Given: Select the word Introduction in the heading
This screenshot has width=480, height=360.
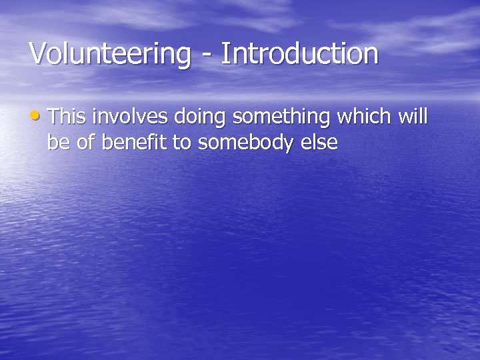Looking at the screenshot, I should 299,54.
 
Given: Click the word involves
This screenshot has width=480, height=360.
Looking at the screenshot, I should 131,117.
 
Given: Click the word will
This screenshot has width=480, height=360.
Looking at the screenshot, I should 413,117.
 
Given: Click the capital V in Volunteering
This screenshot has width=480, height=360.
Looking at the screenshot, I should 38,54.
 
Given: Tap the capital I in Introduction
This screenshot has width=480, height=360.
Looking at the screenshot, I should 225,54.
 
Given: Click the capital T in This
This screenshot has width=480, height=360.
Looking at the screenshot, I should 54,117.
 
